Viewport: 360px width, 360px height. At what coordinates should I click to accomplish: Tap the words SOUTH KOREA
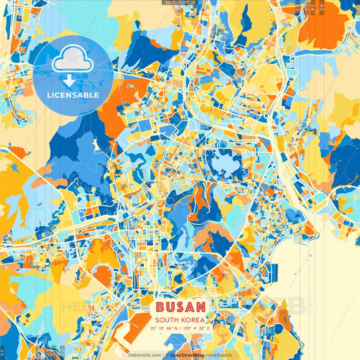tap(180, 320)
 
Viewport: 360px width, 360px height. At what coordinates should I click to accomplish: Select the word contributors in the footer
tap(218, 355)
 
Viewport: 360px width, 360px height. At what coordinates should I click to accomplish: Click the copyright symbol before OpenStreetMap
tap(167, 355)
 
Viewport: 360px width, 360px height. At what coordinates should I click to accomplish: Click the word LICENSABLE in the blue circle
tap(73, 95)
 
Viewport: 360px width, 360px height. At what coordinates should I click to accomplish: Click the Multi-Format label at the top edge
tap(179, 3)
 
